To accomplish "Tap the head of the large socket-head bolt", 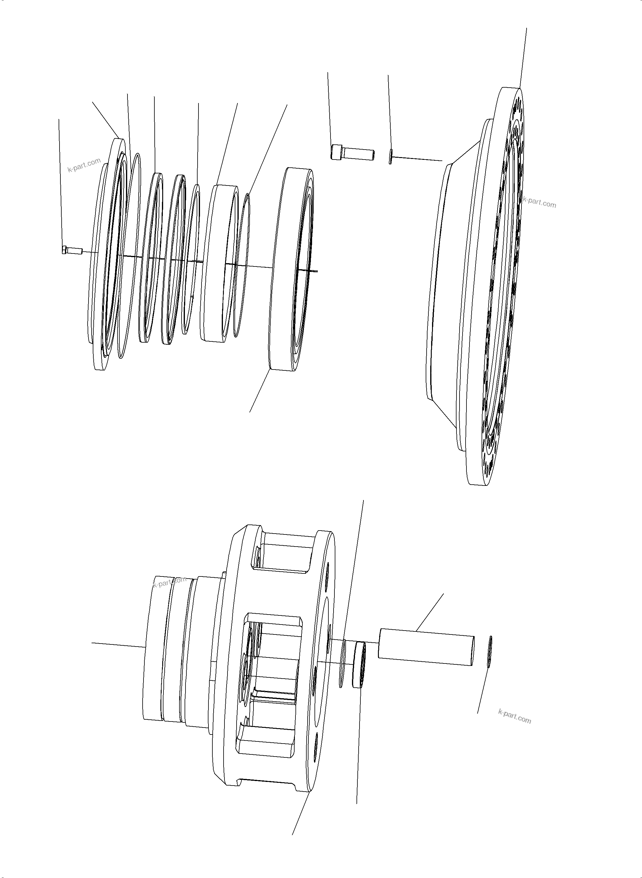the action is click(x=337, y=152).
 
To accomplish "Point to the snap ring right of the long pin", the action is click(x=490, y=651).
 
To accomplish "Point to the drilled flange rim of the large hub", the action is click(x=505, y=288).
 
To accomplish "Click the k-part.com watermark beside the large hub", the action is click(x=539, y=202).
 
